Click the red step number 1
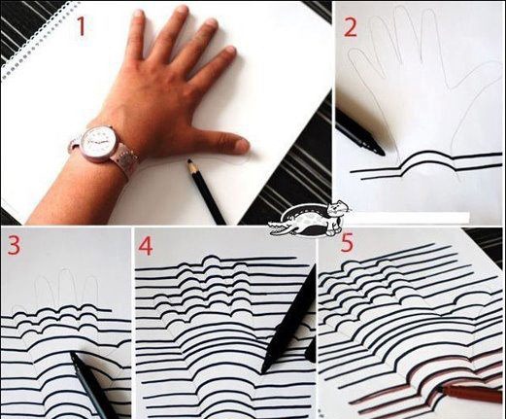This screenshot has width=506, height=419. (x=81, y=26)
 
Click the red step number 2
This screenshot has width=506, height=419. (x=351, y=26)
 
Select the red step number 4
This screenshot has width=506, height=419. (x=147, y=245)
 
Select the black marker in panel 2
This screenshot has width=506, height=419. (x=359, y=132)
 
